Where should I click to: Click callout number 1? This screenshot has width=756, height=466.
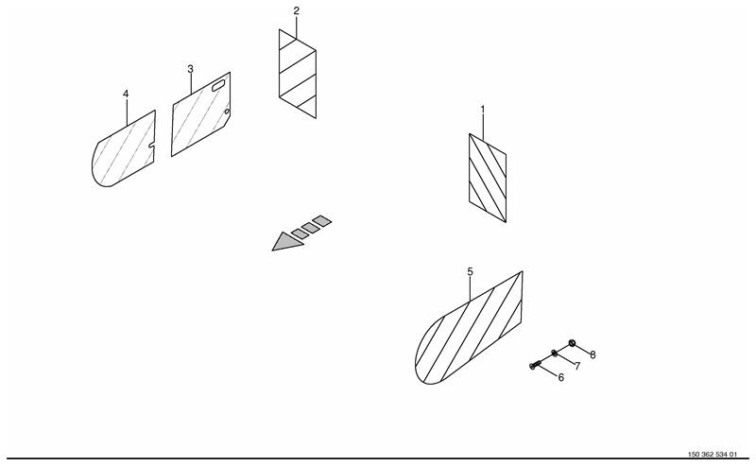click(483, 110)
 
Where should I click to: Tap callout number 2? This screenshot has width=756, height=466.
click(296, 10)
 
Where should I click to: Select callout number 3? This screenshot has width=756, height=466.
click(191, 69)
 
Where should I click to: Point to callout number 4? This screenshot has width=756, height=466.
click(126, 94)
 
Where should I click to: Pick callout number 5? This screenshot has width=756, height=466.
click(470, 271)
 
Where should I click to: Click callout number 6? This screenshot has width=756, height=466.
click(560, 377)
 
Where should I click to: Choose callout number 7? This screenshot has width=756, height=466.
click(577, 366)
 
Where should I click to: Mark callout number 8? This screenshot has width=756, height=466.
click(593, 355)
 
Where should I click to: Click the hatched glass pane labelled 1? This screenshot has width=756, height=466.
click(488, 178)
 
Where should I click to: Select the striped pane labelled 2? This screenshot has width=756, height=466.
click(298, 74)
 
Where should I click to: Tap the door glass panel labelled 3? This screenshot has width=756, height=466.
click(200, 114)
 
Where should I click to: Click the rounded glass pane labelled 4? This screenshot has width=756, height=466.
click(124, 148)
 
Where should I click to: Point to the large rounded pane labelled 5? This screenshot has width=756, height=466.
click(469, 328)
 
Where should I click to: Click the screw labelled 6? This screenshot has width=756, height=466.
click(533, 367)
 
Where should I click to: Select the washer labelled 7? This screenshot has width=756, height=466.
click(554, 354)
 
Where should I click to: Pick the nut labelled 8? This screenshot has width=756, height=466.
click(572, 343)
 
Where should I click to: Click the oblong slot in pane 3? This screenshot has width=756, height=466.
click(218, 86)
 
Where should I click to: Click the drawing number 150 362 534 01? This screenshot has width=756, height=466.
click(713, 455)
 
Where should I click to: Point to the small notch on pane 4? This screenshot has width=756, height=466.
click(151, 145)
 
